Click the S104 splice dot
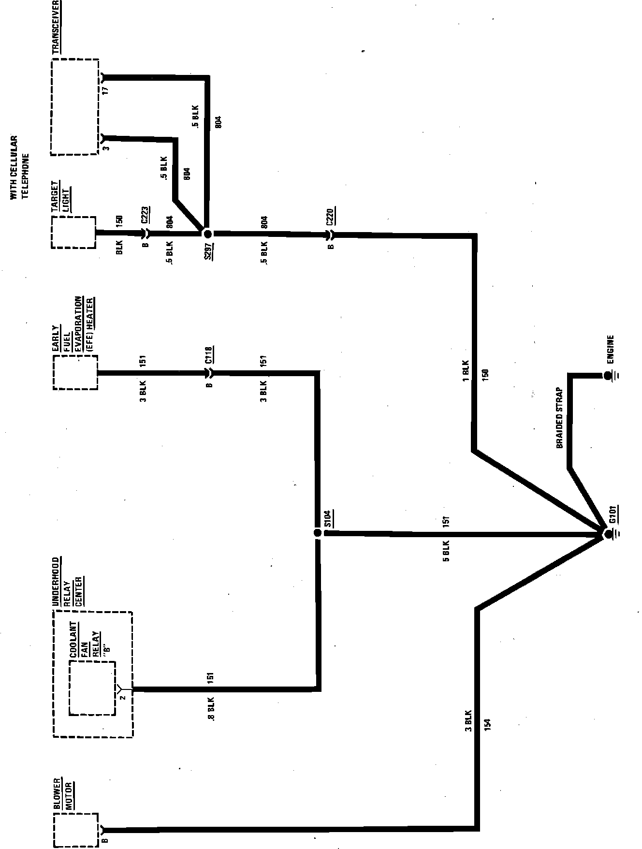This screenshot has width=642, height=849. [317, 533]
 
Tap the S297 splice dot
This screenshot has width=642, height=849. [208, 234]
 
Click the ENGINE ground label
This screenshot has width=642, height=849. [610, 350]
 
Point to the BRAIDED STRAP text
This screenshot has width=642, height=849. [560, 417]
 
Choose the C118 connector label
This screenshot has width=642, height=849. [209, 354]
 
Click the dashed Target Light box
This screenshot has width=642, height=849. [73, 232]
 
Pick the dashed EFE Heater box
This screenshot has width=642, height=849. [75, 372]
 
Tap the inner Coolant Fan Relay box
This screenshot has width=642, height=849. [92, 688]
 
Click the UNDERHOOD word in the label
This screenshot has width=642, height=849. [56, 582]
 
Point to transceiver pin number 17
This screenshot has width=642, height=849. [106, 89]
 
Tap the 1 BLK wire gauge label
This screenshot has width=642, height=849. [466, 370]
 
